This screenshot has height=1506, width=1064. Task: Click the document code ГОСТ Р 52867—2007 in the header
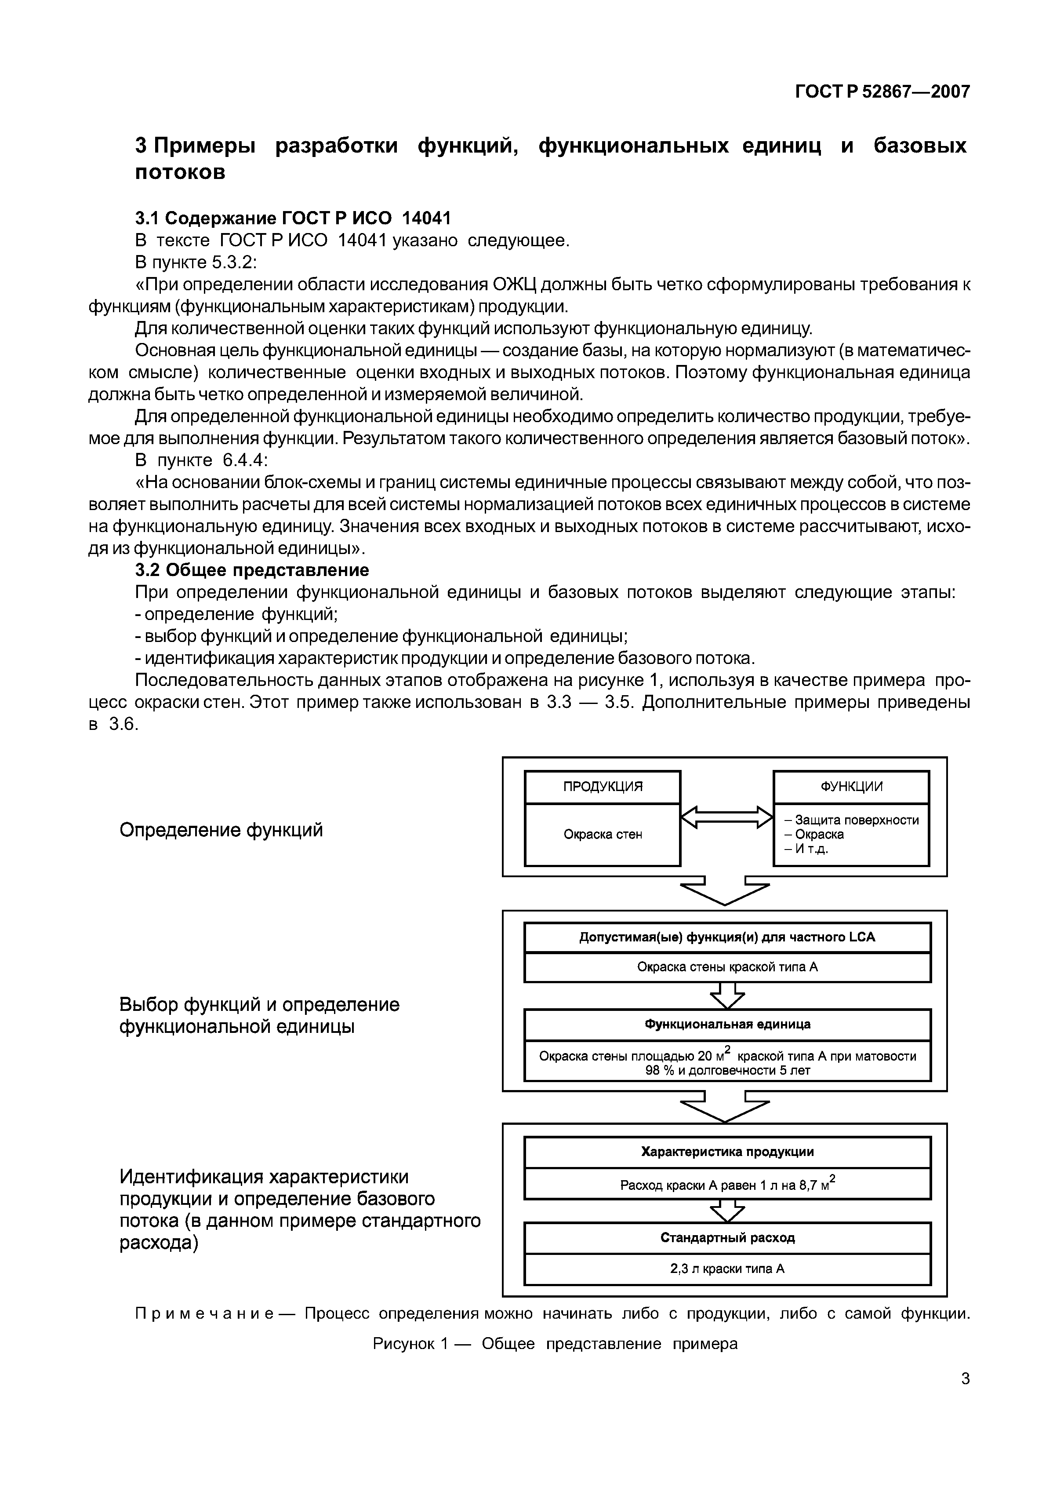click(x=882, y=92)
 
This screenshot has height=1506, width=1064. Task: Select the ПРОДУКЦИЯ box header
click(x=603, y=787)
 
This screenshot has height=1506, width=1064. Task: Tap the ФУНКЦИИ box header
click(x=851, y=787)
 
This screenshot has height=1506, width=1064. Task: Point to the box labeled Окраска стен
click(x=603, y=834)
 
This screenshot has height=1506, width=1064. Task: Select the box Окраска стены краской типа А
click(x=727, y=967)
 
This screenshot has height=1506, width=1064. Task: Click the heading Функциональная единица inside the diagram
click(x=727, y=1024)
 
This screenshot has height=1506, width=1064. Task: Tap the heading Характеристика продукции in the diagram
click(x=727, y=1152)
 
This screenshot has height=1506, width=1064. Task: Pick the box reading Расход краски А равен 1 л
click(x=727, y=1184)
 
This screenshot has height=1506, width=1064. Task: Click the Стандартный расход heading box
click(x=727, y=1238)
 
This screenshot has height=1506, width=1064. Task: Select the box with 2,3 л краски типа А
click(x=727, y=1269)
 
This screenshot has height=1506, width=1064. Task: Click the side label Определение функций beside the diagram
click(x=221, y=831)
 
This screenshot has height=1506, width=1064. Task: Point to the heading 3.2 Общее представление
click(x=252, y=569)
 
